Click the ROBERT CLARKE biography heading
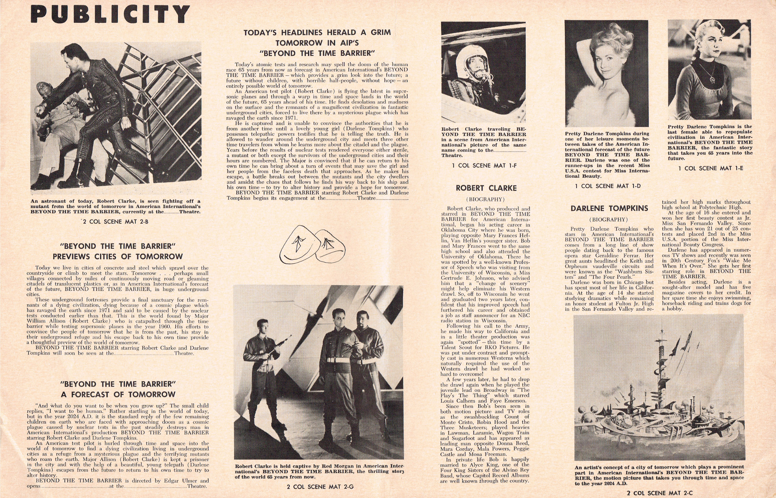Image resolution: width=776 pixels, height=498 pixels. point(486,188)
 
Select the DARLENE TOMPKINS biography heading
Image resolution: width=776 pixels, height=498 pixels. point(609,208)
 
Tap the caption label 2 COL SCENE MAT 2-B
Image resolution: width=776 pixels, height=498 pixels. point(115,222)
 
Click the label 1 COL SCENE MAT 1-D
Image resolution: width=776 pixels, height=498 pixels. point(608,186)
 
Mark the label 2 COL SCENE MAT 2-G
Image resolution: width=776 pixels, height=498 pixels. point(320,487)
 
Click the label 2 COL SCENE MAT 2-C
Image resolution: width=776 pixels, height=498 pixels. point(659,493)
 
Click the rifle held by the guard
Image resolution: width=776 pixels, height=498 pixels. point(275,347)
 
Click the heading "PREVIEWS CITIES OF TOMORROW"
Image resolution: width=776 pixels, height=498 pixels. point(118,256)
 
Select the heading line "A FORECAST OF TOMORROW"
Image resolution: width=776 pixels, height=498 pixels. point(118,394)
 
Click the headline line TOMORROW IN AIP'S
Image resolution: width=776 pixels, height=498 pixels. point(317,43)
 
